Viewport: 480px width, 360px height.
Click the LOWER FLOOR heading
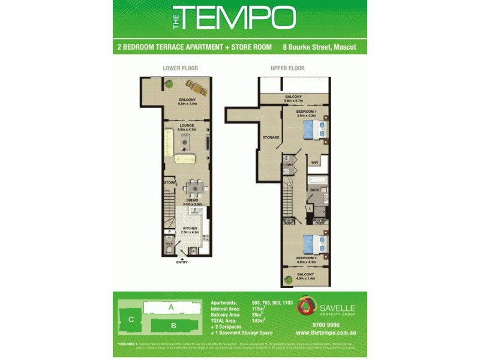click(180, 68)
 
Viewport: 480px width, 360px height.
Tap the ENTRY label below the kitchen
click(182, 262)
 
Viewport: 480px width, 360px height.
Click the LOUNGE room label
click(186, 125)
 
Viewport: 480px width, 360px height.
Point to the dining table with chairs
click(193, 190)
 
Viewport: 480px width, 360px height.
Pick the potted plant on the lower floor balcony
click(169, 85)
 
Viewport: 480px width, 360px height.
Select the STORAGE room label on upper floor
click(271, 138)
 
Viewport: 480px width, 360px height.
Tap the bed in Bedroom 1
click(314, 129)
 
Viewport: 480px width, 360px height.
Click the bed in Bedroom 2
click(314, 244)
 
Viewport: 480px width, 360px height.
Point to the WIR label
click(314, 163)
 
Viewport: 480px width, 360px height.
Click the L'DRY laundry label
click(288, 164)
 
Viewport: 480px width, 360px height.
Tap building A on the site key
click(170, 307)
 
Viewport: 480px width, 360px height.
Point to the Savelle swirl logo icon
click(306, 305)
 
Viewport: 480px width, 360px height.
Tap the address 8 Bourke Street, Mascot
click(320, 47)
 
